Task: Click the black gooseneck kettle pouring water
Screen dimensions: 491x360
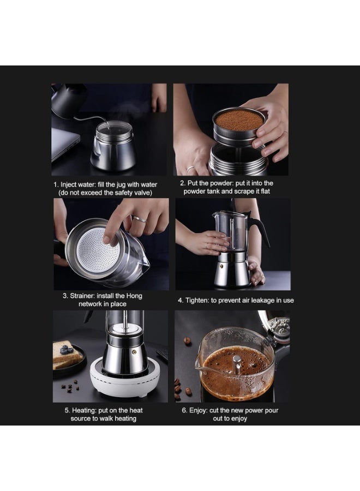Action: pyautogui.click(x=68, y=98)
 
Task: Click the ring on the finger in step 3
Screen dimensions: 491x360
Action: pyautogui.click(x=139, y=219)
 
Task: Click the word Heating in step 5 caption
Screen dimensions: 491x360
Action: pyautogui.click(x=85, y=410)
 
